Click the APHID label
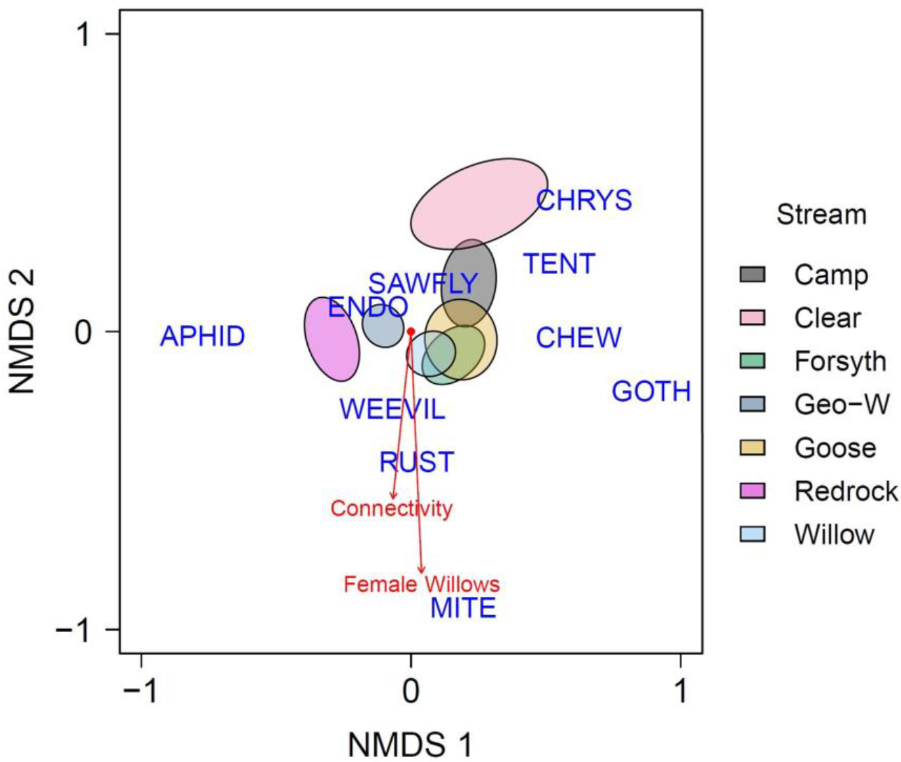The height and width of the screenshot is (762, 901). point(203,337)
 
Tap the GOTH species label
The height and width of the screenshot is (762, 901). point(651,391)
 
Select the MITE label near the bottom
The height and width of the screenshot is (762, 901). point(463,608)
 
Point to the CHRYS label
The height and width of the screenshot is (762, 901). point(584,201)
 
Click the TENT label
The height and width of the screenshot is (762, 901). point(559,264)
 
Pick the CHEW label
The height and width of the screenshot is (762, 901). point(579,338)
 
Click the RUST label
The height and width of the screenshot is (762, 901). point(417,462)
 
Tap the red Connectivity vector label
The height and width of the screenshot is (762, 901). point(392,508)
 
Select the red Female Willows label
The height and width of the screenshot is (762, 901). point(422,584)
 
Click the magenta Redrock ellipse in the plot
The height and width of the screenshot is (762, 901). point(332,339)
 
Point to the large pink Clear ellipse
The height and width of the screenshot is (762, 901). point(478,203)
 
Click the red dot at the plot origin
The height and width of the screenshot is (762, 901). point(411,331)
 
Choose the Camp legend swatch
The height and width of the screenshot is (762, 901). point(753,275)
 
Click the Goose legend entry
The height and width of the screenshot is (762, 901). point(835,448)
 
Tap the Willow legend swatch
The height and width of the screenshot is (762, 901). point(753,535)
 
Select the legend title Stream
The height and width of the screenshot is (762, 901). point(821,215)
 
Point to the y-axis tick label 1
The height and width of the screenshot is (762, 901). point(84,34)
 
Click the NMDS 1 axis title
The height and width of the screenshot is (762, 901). point(410,744)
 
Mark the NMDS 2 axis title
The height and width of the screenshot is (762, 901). point(23,331)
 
